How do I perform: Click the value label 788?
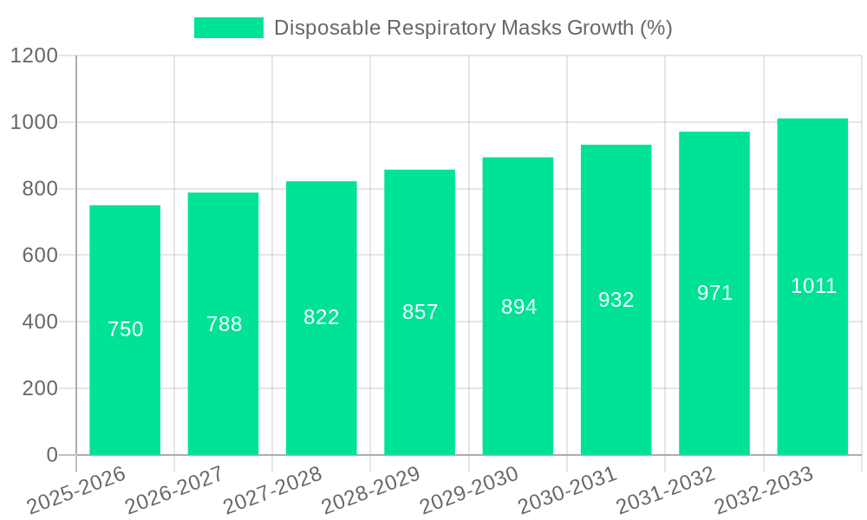point(224,324)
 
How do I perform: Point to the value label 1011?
point(813,286)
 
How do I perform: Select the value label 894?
point(518,307)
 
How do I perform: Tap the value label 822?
point(321,317)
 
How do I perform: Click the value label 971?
point(714,293)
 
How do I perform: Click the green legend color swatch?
point(228,28)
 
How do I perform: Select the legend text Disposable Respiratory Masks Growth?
point(473,28)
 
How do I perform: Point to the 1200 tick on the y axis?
point(34,56)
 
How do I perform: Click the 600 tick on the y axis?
point(40,256)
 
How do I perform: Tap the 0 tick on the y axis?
point(51,455)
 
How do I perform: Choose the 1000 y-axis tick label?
point(34,122)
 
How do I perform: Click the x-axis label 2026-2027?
point(174,491)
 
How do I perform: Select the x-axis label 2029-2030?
point(469,491)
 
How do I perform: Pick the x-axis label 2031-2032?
point(665,491)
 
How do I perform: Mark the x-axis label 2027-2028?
point(272,491)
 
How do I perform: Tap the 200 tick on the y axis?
point(40,388)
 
